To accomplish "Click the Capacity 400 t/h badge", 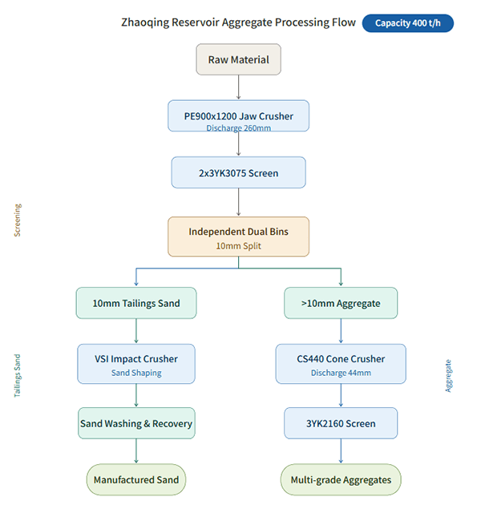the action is pyautogui.click(x=408, y=23).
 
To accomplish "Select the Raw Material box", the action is pyautogui.click(x=238, y=59).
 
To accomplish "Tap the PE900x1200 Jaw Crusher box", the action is pyautogui.click(x=238, y=116).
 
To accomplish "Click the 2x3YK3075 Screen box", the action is pyautogui.click(x=238, y=172).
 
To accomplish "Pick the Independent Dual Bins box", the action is pyautogui.click(x=238, y=236).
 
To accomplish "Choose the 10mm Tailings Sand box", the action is pyautogui.click(x=136, y=303).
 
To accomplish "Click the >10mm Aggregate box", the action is pyautogui.click(x=341, y=303).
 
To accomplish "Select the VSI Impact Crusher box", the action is pyautogui.click(x=136, y=364).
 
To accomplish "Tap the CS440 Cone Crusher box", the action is pyautogui.click(x=341, y=364).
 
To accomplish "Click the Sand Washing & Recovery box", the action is pyautogui.click(x=136, y=423).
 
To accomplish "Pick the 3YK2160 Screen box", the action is pyautogui.click(x=341, y=423).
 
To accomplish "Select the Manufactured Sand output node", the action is pyautogui.click(x=136, y=480).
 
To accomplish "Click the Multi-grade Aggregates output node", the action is pyautogui.click(x=341, y=480).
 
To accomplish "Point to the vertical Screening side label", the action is pyautogui.click(x=18, y=220).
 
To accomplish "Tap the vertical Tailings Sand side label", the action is pyautogui.click(x=17, y=376).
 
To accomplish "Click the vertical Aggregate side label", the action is pyautogui.click(x=448, y=376).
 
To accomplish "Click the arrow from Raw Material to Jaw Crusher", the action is pyautogui.click(x=238, y=87).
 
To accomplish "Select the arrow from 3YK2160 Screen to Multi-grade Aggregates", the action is pyautogui.click(x=341, y=451).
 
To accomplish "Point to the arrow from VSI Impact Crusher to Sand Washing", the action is pyautogui.click(x=136, y=395).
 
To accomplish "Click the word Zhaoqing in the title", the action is pyautogui.click(x=145, y=22).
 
